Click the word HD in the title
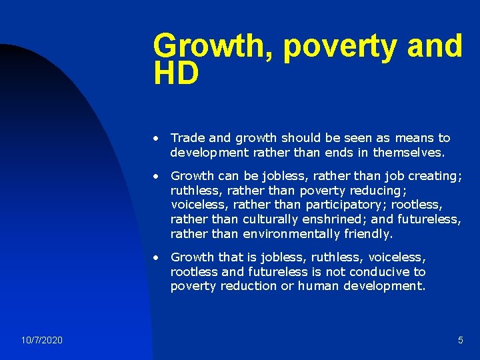pyautogui.click(x=176, y=74)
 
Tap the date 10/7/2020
pyautogui.click(x=41, y=340)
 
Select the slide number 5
pyautogui.click(x=460, y=340)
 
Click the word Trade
pyautogui.click(x=187, y=138)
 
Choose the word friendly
pyautogui.click(x=368, y=233)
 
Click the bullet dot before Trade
pyautogui.click(x=155, y=139)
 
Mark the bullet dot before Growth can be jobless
pyautogui.click(x=155, y=177)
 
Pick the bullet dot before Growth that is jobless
pyautogui.click(x=155, y=257)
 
